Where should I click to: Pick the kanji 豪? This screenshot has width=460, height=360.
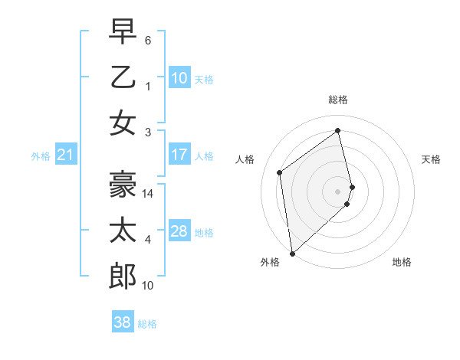pos(123,183)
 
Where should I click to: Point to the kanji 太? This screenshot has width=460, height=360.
pos(123,230)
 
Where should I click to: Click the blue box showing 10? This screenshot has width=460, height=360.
pos(179,77)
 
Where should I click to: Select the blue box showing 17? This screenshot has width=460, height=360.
pos(179,155)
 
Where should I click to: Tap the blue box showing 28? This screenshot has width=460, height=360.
pos(179,231)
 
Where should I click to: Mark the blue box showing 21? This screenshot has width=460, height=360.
pos(66,155)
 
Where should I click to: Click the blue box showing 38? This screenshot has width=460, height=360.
pos(123,322)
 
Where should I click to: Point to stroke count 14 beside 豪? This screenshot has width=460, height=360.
pos(149,194)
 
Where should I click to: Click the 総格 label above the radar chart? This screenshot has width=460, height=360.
pos(337,100)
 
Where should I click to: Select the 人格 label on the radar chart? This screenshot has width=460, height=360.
pos(245,159)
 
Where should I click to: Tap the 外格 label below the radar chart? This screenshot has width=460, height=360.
pos(269,262)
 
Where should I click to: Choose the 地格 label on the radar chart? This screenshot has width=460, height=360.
pos(402,262)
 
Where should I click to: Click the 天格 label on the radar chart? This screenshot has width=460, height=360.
pos(432,159)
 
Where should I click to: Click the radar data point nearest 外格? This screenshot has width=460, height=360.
pos(292,253)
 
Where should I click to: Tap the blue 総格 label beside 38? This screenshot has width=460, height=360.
pos(147,324)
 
